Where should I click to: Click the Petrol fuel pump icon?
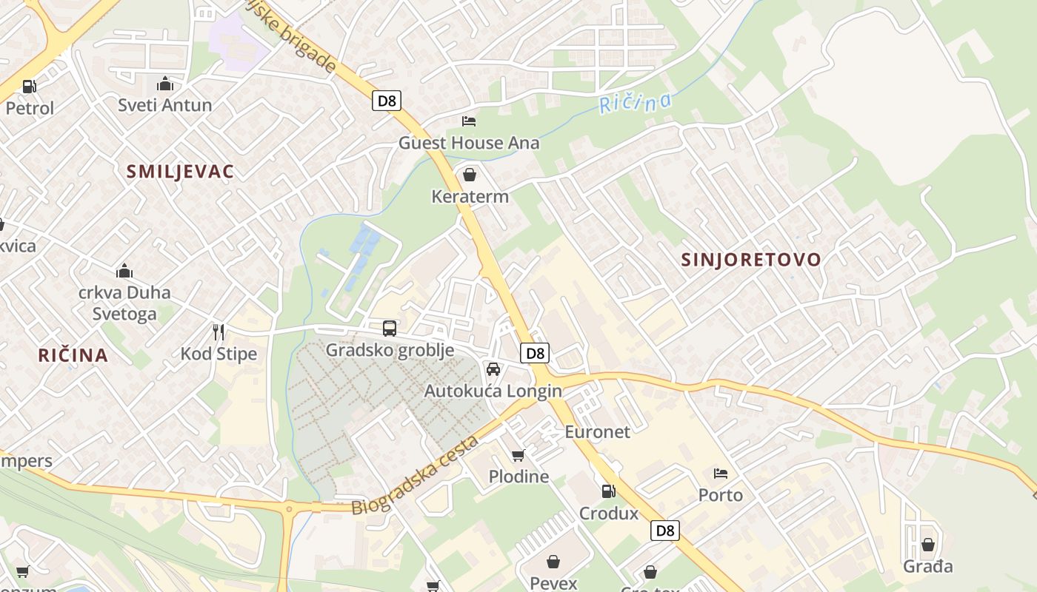click(x=30, y=87)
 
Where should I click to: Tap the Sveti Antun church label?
click(x=165, y=105)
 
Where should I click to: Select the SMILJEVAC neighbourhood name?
click(x=180, y=172)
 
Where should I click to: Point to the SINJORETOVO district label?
click(x=751, y=259)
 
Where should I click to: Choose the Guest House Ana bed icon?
click(x=469, y=121)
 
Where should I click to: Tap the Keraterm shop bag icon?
click(x=469, y=175)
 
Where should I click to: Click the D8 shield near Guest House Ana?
click(x=387, y=101)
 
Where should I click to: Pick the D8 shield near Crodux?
click(x=665, y=530)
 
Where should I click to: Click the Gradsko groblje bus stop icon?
click(x=389, y=329)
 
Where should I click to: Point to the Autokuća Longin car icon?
click(x=493, y=369)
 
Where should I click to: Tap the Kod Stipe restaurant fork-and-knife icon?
click(x=219, y=332)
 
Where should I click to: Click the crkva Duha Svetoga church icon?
click(x=124, y=272)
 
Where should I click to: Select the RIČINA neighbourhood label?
click(x=73, y=355)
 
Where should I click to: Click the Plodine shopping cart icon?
click(x=518, y=455)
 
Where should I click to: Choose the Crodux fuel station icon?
click(x=608, y=491)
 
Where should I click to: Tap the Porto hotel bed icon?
click(x=721, y=474)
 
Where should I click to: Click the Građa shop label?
click(x=927, y=567)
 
